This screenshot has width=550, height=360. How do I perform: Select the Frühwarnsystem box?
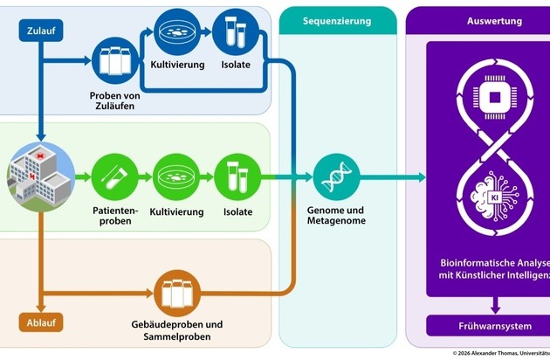tap(495, 327)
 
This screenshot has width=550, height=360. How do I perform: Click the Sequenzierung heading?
tap(337, 19)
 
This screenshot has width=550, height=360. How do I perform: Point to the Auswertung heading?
tap(495, 19)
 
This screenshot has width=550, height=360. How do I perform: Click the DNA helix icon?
tap(337, 177)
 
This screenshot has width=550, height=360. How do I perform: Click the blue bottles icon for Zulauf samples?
tap(114, 61)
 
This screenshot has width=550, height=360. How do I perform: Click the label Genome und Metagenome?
tap(336, 216)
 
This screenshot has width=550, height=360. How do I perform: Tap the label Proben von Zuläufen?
tap(114, 100)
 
